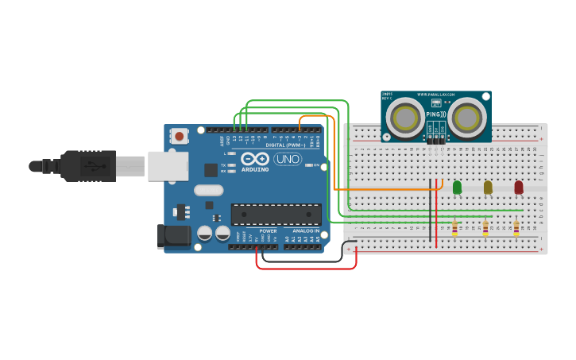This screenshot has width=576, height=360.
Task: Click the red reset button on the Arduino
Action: pyautogui.click(x=180, y=136)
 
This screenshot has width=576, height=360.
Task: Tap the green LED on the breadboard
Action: pyautogui.click(x=457, y=188)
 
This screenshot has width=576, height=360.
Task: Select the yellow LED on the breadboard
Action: pyautogui.click(x=488, y=188)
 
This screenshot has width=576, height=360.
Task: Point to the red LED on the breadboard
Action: pyautogui.click(x=519, y=188)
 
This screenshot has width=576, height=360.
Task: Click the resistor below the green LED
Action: pyautogui.click(x=454, y=228)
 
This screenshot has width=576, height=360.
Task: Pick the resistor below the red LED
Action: pyautogui.click(x=516, y=228)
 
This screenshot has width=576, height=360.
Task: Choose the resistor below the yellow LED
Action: pyautogui.click(x=485, y=228)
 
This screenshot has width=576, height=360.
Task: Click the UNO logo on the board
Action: pyautogui.click(x=287, y=159)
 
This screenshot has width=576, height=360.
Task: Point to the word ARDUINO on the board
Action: pyautogui.click(x=255, y=169)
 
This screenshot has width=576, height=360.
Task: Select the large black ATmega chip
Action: pyautogui.click(x=276, y=215)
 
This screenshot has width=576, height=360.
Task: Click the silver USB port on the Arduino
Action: pyautogui.click(x=168, y=165)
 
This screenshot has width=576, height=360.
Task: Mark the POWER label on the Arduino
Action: pyautogui.click(x=268, y=230)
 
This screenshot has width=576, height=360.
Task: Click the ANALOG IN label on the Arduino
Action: pyautogui.click(x=306, y=230)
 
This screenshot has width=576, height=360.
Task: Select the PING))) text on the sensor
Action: pyautogui.click(x=436, y=114)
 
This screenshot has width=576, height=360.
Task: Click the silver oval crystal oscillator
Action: pyautogui.click(x=209, y=190)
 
